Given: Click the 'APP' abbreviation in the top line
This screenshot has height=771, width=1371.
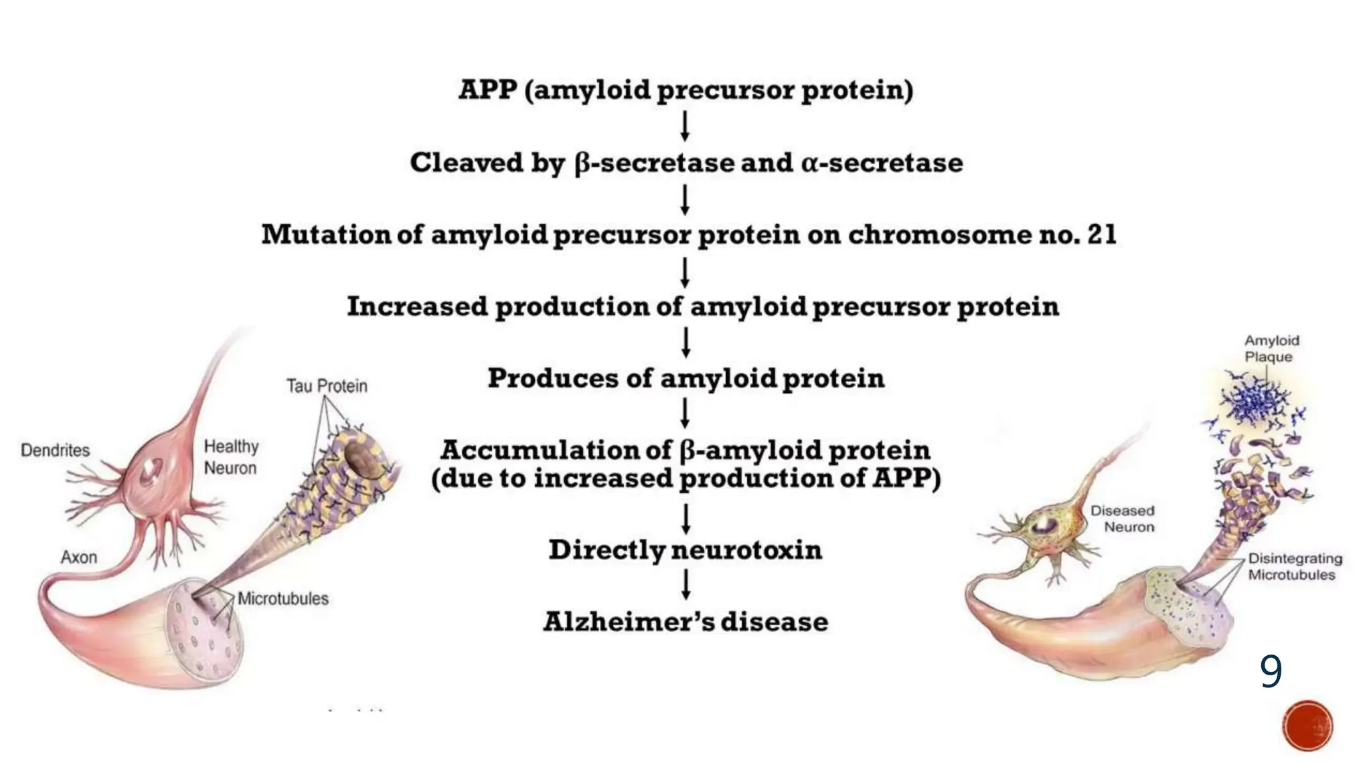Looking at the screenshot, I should [488, 90].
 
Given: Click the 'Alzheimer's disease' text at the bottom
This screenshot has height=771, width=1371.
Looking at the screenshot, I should [685, 622].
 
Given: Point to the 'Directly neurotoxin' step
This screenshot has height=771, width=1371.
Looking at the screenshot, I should [685, 550].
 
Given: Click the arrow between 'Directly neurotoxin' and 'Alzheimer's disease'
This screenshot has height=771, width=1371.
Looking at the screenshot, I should [685, 585].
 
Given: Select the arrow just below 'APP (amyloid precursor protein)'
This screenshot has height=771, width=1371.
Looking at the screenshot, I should [685, 126].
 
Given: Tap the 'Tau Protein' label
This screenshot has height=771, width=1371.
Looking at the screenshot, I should [327, 386].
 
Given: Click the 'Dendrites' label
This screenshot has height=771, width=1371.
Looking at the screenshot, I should [55, 450].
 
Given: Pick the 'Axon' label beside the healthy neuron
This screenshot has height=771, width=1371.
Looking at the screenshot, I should [79, 558].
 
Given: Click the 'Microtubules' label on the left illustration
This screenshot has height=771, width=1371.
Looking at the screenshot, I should [283, 599].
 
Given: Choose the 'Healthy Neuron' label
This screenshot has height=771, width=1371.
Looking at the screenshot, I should [231, 457].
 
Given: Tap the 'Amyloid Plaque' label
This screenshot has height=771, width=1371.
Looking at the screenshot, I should [1271, 349].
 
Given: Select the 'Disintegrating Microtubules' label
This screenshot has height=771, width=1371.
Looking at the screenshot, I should [1295, 566].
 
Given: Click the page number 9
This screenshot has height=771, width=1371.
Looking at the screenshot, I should [1271, 671].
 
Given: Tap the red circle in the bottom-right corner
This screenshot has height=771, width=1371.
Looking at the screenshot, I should [1307, 726].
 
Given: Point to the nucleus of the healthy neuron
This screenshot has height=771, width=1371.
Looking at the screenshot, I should [150, 473].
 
